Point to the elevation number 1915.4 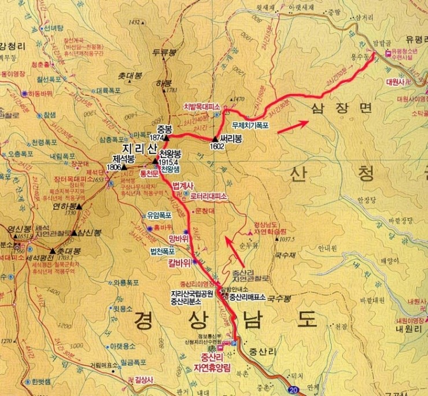pos(169,163)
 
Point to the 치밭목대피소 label pos(202,107)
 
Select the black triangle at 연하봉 pos(80,206)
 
